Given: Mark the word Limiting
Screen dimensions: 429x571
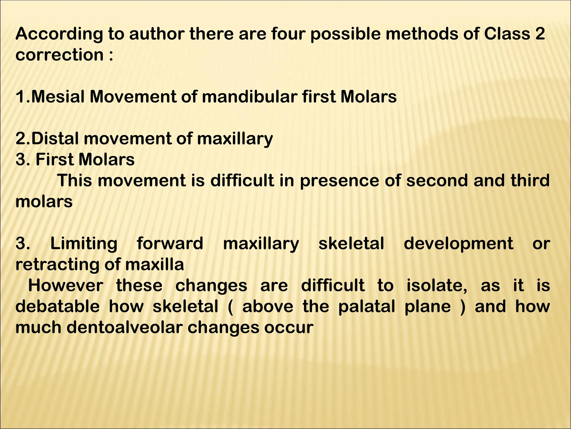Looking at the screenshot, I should [x=84, y=244].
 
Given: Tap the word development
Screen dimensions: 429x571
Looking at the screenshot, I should [x=458, y=244].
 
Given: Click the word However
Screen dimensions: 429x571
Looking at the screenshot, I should [x=66, y=285].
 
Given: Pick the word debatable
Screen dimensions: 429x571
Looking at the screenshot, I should [x=57, y=306].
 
